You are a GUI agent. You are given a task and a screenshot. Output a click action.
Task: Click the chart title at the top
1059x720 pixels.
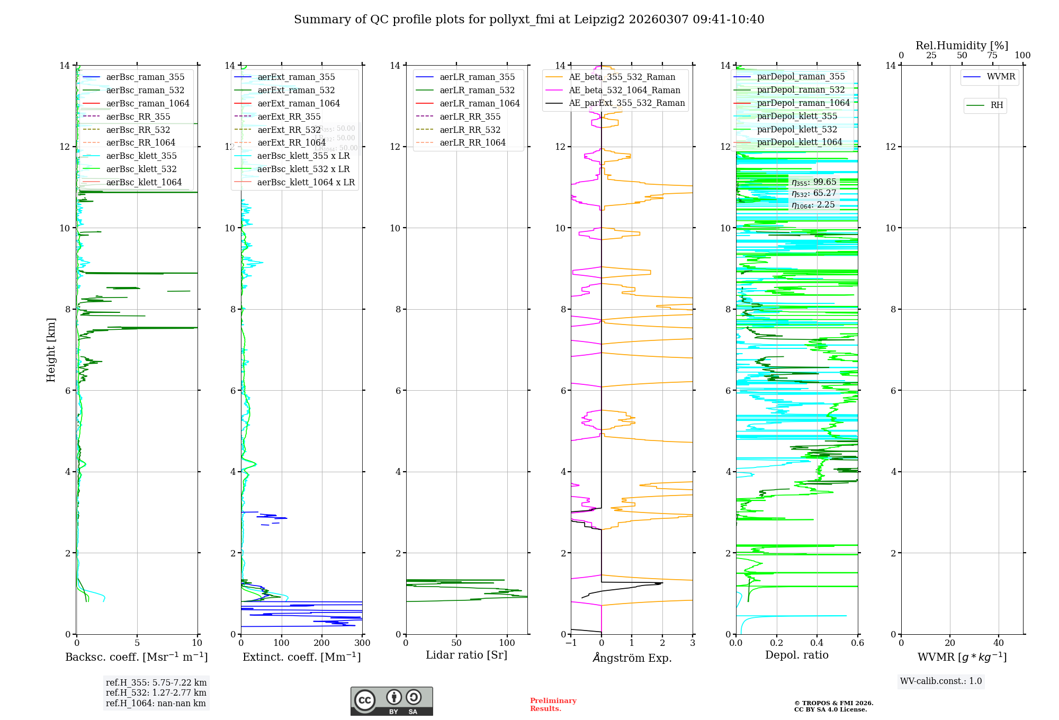point(529,20)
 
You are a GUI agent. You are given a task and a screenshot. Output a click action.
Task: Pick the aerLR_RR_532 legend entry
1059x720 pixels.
point(470,130)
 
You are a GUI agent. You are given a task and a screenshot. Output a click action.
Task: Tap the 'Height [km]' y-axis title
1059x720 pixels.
point(51,349)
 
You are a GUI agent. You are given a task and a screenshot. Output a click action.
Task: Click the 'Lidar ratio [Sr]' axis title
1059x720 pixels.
point(466,655)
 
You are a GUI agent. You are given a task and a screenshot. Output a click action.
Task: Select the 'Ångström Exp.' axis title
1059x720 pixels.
point(632,658)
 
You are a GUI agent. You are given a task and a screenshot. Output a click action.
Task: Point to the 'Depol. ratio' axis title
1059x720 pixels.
point(796,655)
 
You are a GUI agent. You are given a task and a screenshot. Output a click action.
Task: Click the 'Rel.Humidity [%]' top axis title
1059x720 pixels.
point(962,46)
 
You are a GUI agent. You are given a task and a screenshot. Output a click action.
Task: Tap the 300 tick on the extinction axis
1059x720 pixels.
point(362,643)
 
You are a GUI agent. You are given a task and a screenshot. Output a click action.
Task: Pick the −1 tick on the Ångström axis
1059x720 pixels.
point(571,643)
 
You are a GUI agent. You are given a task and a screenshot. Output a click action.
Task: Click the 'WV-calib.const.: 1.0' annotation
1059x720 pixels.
point(941,681)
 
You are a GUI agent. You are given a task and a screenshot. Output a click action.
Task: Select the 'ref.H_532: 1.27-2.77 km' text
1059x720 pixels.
point(156,693)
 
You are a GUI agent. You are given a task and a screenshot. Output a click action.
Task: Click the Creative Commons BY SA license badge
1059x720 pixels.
point(391,701)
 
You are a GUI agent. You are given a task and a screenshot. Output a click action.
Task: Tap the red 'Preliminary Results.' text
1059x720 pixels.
point(553,705)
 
